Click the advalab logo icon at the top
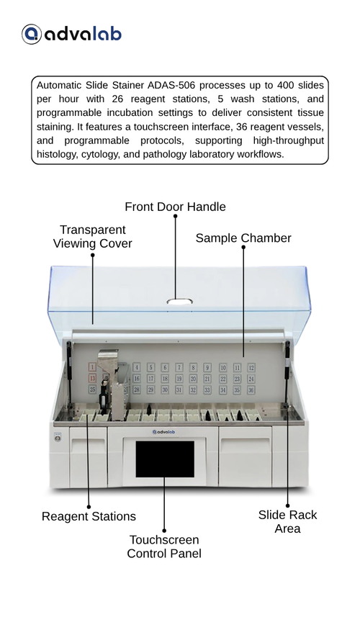pos(32,34)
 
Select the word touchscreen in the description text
pos(161,127)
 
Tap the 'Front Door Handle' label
pos(175,207)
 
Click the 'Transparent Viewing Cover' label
pos(92,237)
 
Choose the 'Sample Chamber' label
pos(243,238)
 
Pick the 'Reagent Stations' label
pos(89,516)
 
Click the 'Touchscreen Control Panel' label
pos(164,546)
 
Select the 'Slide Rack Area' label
pos(288,521)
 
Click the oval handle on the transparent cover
pos(179,302)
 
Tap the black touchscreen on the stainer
pos(165,459)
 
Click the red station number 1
pos(92,366)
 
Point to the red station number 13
pos(92,378)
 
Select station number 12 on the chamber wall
pos(251,367)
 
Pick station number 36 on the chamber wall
pos(251,390)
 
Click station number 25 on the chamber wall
pos(92,390)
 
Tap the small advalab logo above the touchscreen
pos(163,432)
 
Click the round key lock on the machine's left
pos(58,438)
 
